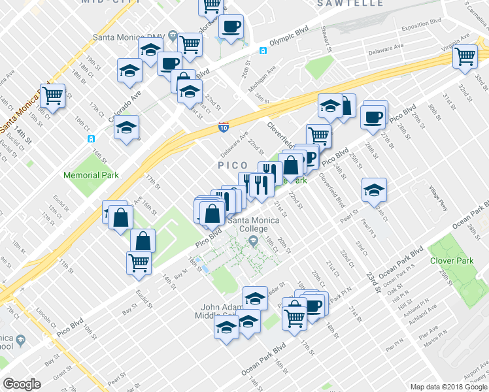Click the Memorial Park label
click(x=91, y=175)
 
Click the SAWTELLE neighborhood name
click(x=350, y=3)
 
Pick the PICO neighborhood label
click(x=233, y=166)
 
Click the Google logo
click(x=22, y=384)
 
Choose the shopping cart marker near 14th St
click(x=53, y=95)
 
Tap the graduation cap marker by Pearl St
click(x=374, y=190)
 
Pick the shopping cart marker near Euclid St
click(x=139, y=263)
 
